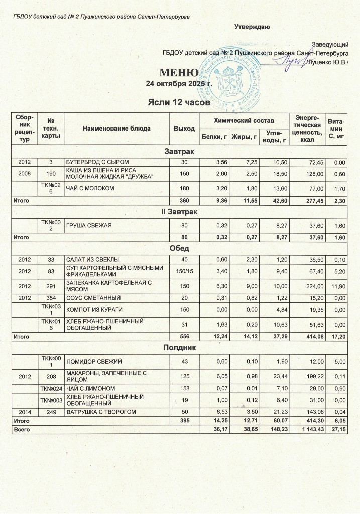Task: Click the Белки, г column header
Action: coord(214,136)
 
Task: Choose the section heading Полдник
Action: coord(179,347)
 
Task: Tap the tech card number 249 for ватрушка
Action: coord(50,411)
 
